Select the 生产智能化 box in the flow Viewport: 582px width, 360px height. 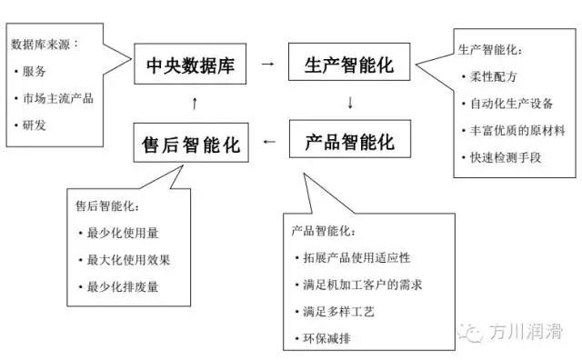pos(349,65)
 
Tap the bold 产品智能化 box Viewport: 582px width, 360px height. pos(349,142)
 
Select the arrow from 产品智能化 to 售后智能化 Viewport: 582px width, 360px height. pos(268,142)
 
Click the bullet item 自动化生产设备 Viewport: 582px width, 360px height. pos(515,104)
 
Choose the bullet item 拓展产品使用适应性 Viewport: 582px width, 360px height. pos(363,258)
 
